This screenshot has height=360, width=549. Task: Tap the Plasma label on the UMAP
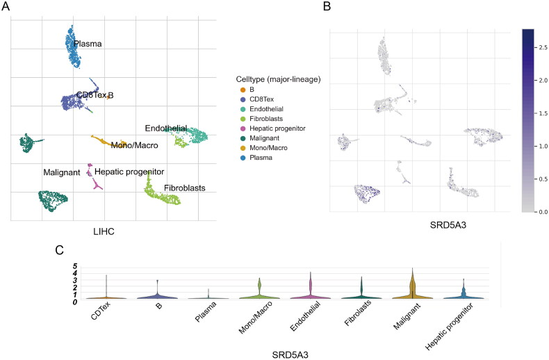point(88,44)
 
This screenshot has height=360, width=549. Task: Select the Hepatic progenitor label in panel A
point(129,171)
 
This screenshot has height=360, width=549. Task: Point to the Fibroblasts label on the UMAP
point(179,188)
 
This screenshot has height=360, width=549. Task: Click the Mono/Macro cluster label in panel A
point(134,145)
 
